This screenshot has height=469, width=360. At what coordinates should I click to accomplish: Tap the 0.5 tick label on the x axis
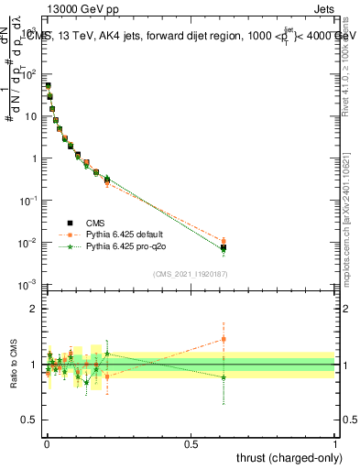(x=191, y=444)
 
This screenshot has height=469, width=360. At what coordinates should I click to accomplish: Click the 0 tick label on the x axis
(x=46, y=444)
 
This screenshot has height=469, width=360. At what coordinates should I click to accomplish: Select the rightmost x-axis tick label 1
(x=335, y=444)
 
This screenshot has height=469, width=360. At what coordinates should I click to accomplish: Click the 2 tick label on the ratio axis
(x=35, y=309)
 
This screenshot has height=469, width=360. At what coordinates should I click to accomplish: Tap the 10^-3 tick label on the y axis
(x=28, y=286)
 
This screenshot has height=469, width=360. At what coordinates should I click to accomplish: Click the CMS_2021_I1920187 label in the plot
(x=191, y=275)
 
